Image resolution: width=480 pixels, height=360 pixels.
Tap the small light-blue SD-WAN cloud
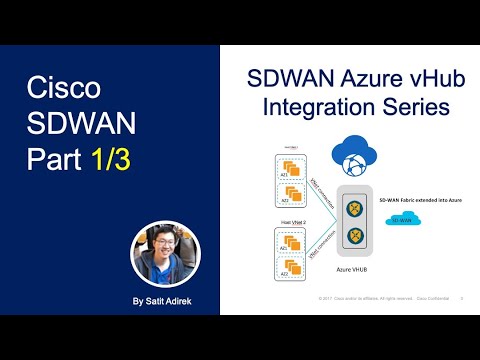(401, 218)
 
